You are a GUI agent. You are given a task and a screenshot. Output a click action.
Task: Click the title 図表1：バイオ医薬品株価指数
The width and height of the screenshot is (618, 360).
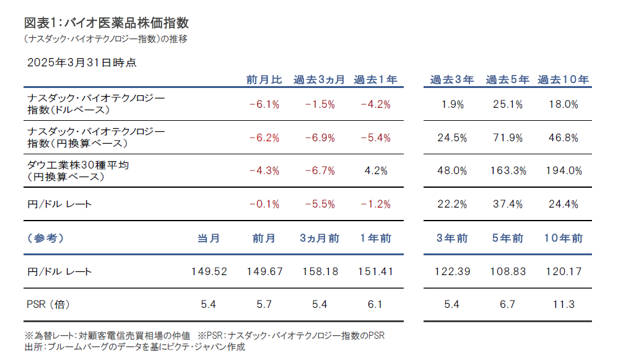click(x=106, y=23)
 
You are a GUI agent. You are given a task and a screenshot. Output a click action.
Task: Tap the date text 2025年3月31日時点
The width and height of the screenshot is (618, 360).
click(x=82, y=63)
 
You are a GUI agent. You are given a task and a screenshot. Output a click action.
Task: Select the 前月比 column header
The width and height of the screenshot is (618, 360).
click(x=264, y=80)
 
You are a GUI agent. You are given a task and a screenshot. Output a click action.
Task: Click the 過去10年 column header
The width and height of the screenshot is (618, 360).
click(x=563, y=80)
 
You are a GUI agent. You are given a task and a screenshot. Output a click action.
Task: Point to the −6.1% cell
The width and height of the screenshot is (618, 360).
click(x=264, y=105)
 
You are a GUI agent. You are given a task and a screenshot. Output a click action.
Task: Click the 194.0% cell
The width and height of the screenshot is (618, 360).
click(x=563, y=170)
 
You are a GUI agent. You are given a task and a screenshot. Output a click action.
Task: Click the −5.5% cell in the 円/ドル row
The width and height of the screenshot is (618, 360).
click(x=320, y=204)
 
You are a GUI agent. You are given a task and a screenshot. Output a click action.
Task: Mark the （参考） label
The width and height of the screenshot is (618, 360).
click(x=46, y=238)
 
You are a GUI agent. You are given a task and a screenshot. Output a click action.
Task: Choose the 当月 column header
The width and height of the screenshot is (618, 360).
click(x=208, y=238)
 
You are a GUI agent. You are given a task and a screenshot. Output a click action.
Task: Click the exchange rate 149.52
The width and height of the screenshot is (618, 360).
click(x=208, y=271)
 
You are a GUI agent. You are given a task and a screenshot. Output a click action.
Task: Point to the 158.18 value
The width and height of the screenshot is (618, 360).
click(x=320, y=271)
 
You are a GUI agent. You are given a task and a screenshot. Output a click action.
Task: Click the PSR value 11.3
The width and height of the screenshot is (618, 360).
click(x=563, y=304)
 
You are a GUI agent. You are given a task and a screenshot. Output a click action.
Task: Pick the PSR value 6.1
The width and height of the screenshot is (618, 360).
click(x=375, y=304)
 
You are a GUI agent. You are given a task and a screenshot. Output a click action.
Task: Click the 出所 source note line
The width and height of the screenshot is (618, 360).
click(x=134, y=347)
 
